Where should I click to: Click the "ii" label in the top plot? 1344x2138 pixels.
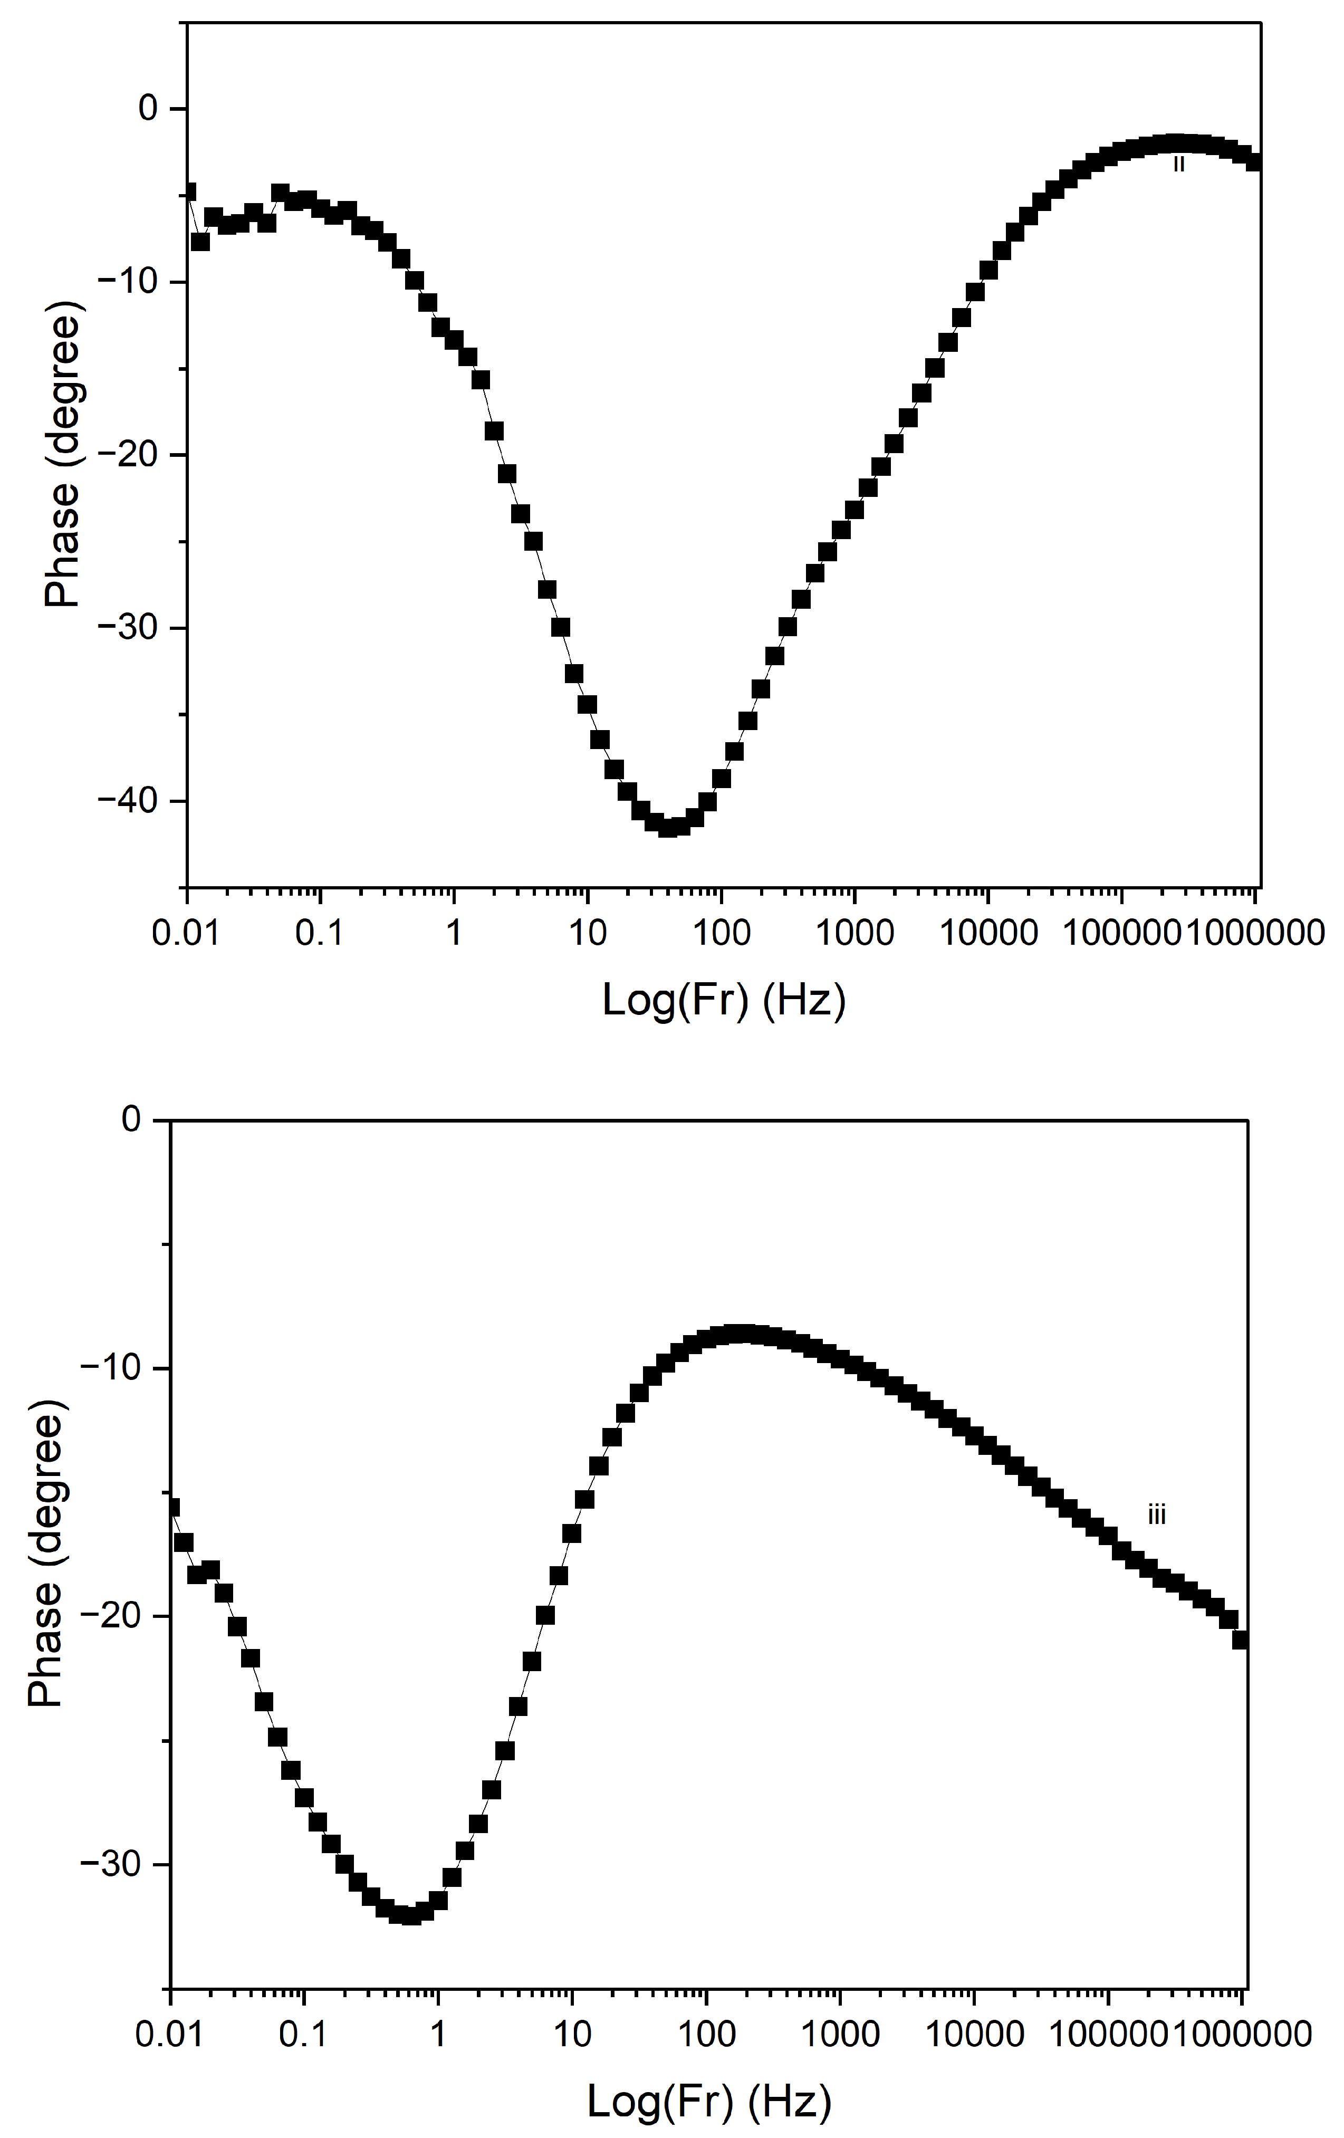point(1178,164)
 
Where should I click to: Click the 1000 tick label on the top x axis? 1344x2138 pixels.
point(854,933)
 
